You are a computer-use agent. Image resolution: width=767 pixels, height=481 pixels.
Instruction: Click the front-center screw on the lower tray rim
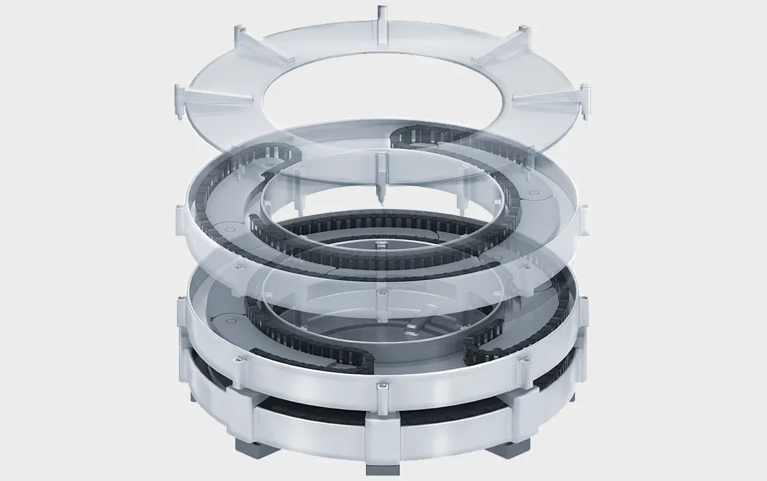coord(382,389)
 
